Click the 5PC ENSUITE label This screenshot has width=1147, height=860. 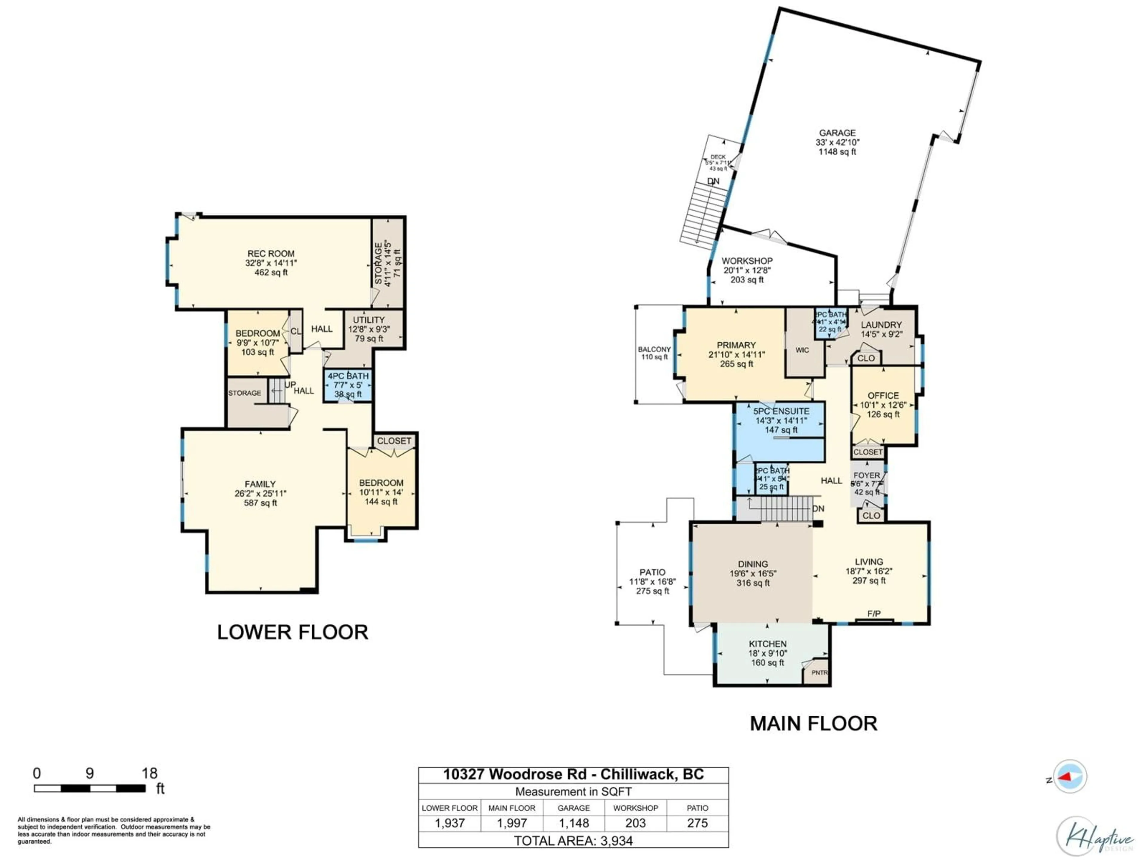click(x=781, y=411)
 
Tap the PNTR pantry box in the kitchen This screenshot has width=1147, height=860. click(x=819, y=673)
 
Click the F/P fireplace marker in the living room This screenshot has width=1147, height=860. click(x=874, y=614)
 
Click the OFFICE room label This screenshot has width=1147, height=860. click(x=883, y=396)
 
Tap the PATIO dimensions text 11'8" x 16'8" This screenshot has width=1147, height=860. click(x=652, y=582)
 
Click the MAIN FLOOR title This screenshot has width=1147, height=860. click(x=813, y=724)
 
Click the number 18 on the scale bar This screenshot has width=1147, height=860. click(x=149, y=773)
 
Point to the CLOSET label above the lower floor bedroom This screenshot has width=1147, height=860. click(x=394, y=441)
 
